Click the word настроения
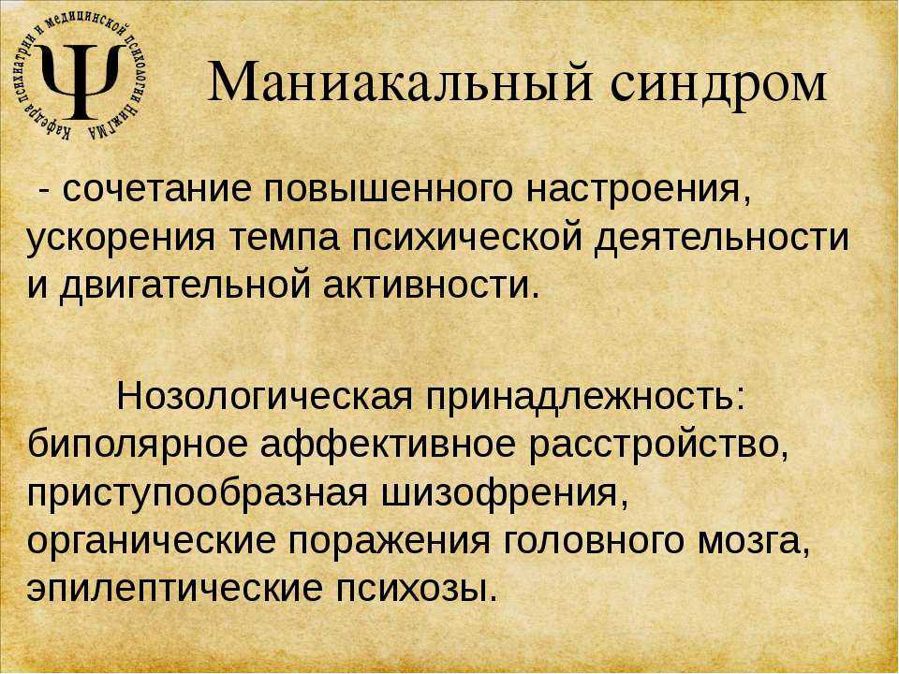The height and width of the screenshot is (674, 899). coord(638,190)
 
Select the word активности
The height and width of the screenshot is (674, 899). coord(431,286)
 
